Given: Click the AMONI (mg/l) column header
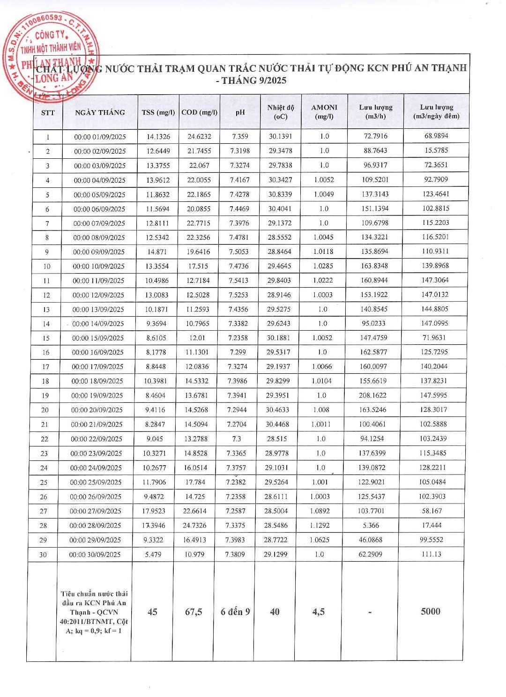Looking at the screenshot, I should click(x=324, y=111).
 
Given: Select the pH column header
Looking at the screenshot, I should click(x=240, y=112).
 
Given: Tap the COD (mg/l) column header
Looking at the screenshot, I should click(x=200, y=112).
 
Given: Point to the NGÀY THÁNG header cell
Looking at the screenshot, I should click(x=100, y=112).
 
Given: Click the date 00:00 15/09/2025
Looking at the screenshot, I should click(x=97, y=338).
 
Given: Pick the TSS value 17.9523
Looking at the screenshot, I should click(x=154, y=511).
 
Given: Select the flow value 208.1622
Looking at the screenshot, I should click(x=372, y=395).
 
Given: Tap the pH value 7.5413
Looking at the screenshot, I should click(x=238, y=281).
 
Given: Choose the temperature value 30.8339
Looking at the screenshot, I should click(x=280, y=194).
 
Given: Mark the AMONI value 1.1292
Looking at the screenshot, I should click(x=320, y=526).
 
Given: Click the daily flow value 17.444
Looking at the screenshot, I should click(x=432, y=525).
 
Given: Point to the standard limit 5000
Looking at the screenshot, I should click(x=431, y=611).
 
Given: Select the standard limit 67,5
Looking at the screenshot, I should click(x=193, y=612).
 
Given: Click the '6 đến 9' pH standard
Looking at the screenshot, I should click(x=235, y=612).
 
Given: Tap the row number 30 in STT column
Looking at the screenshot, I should click(x=43, y=555).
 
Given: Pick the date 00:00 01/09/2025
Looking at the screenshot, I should click(x=100, y=137).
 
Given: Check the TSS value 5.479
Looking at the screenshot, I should click(x=153, y=555).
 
